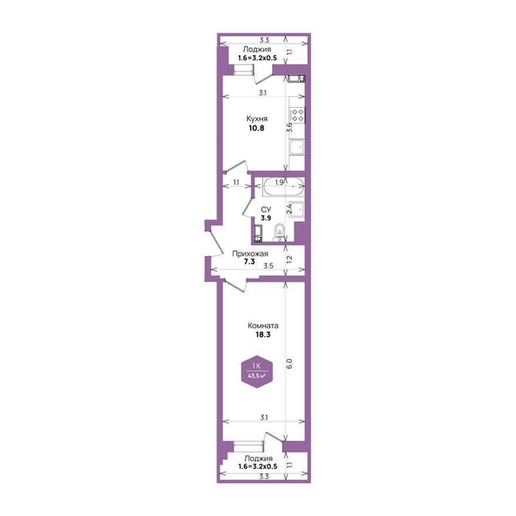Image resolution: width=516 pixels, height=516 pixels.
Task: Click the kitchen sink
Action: click(x=297, y=146)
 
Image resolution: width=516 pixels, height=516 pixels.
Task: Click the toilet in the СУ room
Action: click(x=281, y=232)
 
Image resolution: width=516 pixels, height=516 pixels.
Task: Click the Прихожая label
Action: click(x=250, y=253)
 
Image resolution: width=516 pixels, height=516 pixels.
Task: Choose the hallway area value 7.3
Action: click(x=250, y=263)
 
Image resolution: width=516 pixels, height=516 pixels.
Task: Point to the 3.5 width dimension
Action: click(x=269, y=266)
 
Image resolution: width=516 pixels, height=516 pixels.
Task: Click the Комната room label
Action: click(x=263, y=325)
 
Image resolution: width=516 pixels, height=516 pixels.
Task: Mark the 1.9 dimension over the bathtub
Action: click(x=280, y=182)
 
